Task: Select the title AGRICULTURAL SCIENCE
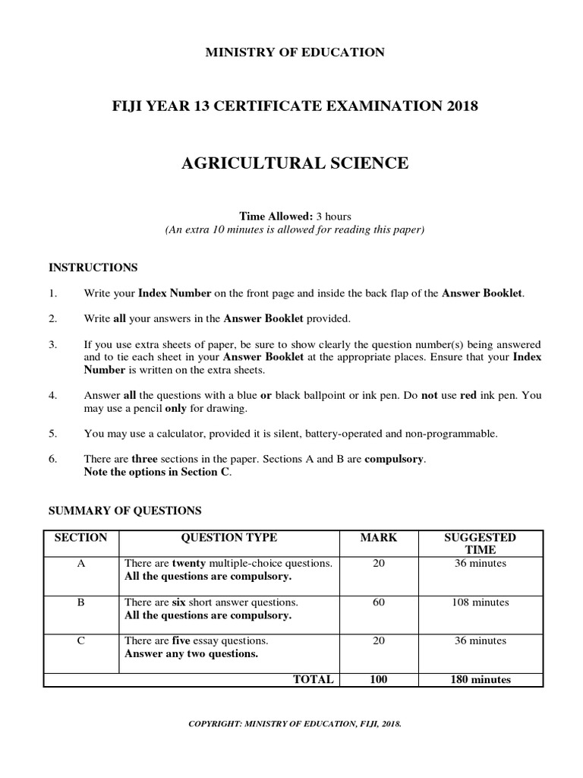(x=295, y=163)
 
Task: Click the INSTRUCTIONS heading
(x=93, y=267)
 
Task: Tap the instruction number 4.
(x=52, y=396)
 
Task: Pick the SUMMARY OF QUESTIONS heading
(x=125, y=511)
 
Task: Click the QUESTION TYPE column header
(x=228, y=538)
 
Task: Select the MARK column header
(x=378, y=538)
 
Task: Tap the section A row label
(x=81, y=564)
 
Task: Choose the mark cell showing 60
(x=378, y=602)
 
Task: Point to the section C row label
(x=81, y=641)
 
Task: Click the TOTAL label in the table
(x=313, y=679)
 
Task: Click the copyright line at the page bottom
(x=295, y=724)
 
